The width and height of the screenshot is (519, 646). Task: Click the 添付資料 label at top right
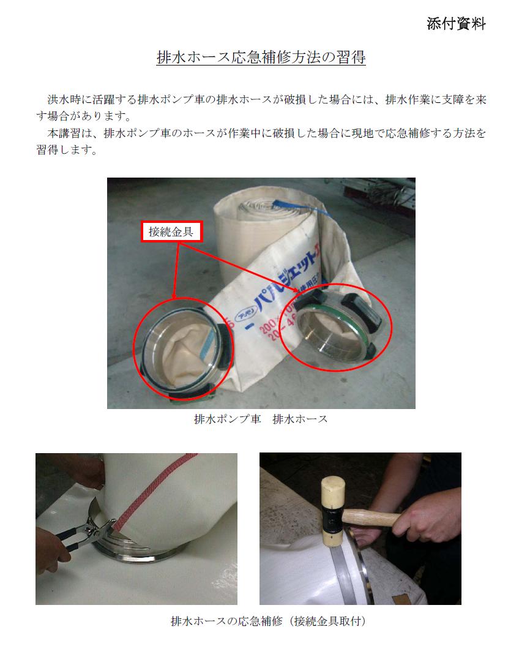click(x=456, y=23)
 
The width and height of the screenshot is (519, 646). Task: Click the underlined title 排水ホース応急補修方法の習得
click(x=261, y=57)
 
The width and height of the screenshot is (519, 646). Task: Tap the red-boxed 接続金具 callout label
click(x=171, y=231)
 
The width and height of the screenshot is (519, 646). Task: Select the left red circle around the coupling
click(x=183, y=349)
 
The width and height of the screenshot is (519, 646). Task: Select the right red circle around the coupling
click(x=336, y=327)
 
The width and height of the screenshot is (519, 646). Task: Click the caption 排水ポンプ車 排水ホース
click(x=261, y=419)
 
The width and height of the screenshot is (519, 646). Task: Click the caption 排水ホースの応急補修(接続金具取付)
click(x=268, y=621)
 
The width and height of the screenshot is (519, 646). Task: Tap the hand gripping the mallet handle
click(x=424, y=521)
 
